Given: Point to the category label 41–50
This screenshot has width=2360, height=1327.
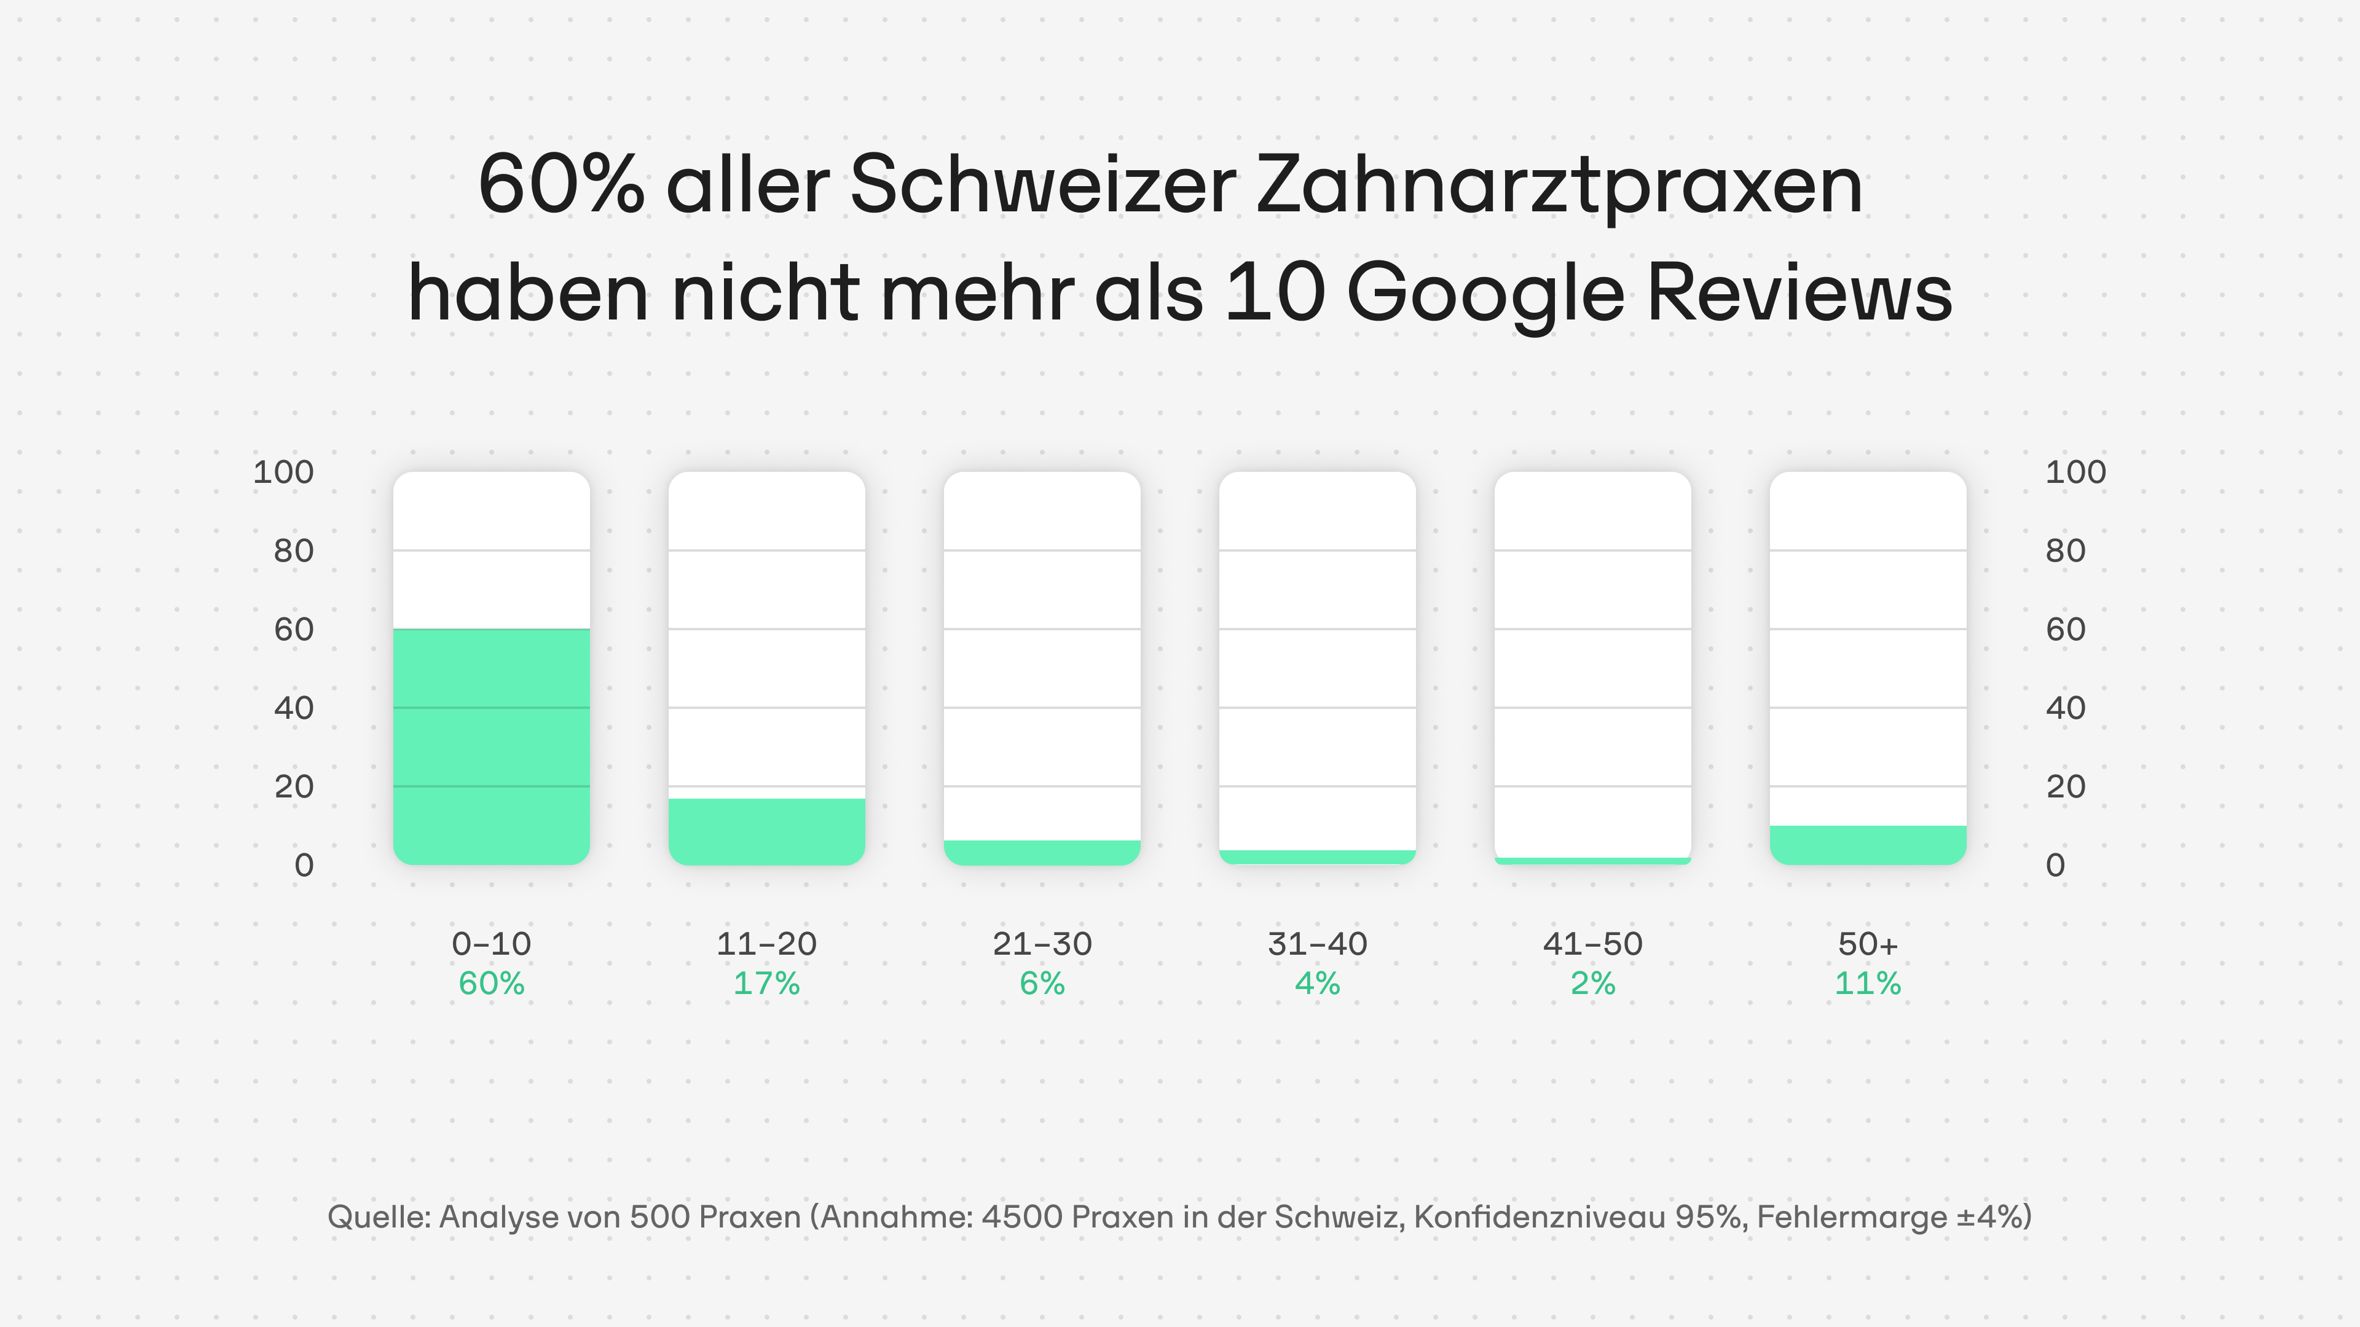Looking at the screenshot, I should tap(1592, 943).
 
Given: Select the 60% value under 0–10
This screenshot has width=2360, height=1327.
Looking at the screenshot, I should tap(491, 984).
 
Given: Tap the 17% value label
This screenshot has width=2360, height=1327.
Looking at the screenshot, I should tap(766, 984).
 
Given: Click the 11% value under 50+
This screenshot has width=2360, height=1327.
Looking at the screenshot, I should tap(1867, 984).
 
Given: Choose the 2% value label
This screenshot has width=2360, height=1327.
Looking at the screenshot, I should tap(1592, 984).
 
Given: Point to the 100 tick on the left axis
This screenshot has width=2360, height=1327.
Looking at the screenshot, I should tap(283, 472).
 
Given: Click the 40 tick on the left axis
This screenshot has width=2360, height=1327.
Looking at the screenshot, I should tap(293, 708).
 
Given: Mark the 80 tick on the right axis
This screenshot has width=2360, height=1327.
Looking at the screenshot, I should tap(2065, 551).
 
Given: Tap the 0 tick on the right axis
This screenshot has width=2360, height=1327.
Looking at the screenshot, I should tap(2055, 866).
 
